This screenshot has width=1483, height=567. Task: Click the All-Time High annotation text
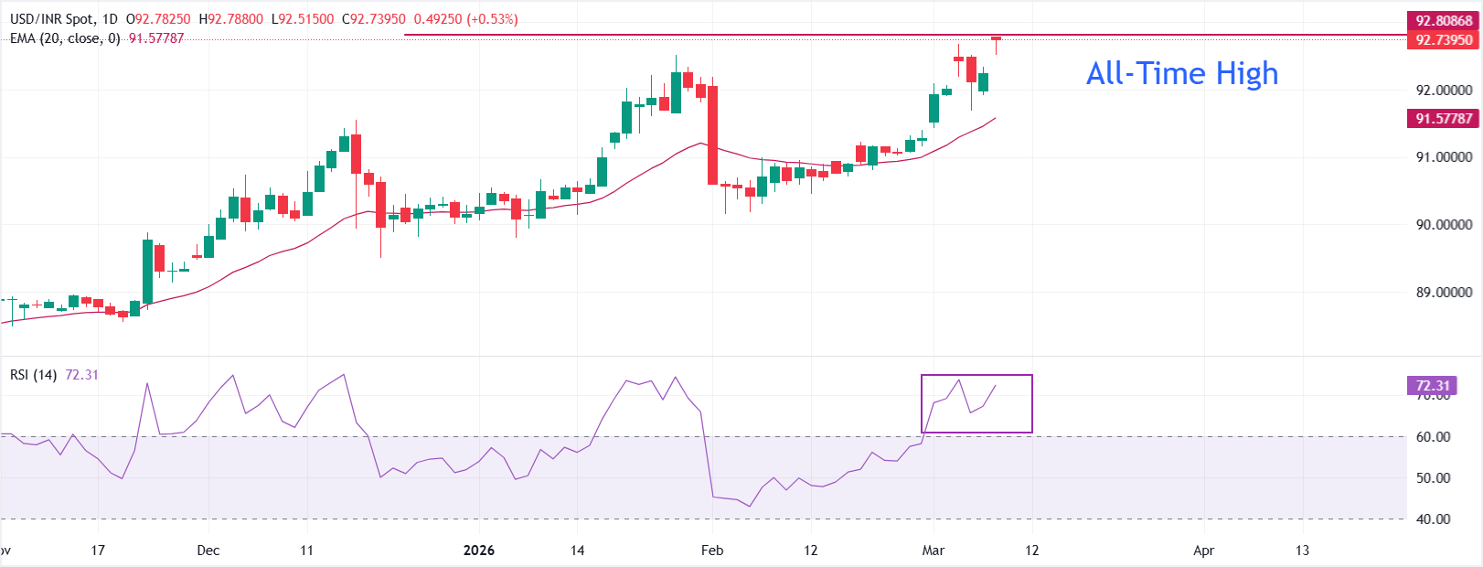(x=1181, y=73)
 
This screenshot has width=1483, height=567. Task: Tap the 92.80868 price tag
(x=1443, y=20)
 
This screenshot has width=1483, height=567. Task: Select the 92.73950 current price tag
(x=1443, y=39)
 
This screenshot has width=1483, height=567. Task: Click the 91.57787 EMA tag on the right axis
(x=1443, y=118)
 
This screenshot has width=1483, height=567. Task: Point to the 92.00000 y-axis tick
(x=1444, y=90)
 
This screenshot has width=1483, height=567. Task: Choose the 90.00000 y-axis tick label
(x=1444, y=224)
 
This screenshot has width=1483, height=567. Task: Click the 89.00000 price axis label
(x=1444, y=292)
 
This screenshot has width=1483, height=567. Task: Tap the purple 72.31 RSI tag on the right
(x=1433, y=385)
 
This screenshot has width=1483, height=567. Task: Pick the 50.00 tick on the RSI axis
(x=1433, y=477)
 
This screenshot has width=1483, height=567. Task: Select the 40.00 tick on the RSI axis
(x=1433, y=519)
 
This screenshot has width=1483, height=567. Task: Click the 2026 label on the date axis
(x=478, y=550)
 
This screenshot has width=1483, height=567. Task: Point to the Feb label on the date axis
(x=711, y=550)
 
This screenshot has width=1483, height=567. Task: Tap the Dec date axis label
(x=208, y=550)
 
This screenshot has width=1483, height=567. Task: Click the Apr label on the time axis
(x=1203, y=550)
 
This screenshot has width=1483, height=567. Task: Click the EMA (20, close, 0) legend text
(x=65, y=38)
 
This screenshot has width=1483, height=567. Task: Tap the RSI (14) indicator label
(x=33, y=375)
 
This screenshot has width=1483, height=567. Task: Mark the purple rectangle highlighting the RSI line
(x=976, y=403)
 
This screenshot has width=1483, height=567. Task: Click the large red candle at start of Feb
(x=712, y=134)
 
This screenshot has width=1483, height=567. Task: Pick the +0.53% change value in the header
(x=492, y=19)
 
